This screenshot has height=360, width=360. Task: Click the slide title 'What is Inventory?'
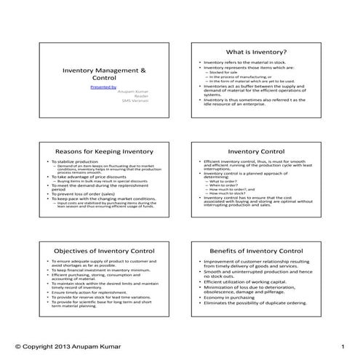(256, 52)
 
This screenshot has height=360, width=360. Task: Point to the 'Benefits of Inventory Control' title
(256, 250)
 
